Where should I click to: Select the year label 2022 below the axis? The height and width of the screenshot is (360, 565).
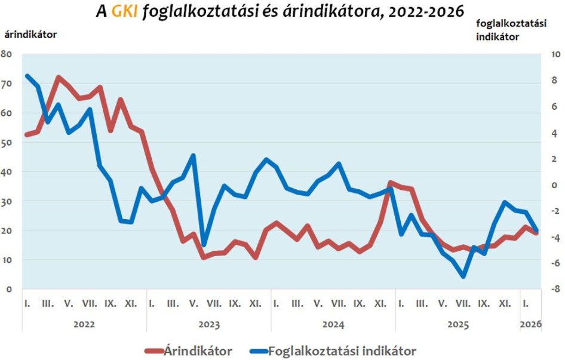(84, 325)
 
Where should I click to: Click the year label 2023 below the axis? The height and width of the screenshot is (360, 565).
(208, 325)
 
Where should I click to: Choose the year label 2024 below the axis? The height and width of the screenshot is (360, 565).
(333, 325)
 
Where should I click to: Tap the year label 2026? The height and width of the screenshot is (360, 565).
(531, 325)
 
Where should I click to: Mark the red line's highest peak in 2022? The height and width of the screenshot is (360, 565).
(58, 77)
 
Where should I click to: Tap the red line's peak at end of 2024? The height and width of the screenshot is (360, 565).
(390, 183)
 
